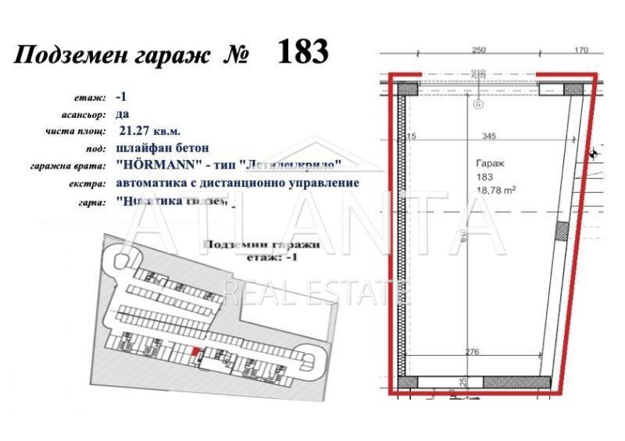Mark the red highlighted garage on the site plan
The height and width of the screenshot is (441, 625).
point(195,353)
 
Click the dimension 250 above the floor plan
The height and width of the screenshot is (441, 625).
point(479,51)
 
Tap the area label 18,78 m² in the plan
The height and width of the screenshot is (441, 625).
point(493,189)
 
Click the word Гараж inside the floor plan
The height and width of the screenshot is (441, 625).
point(489,165)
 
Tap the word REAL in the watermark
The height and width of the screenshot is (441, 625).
point(251,293)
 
